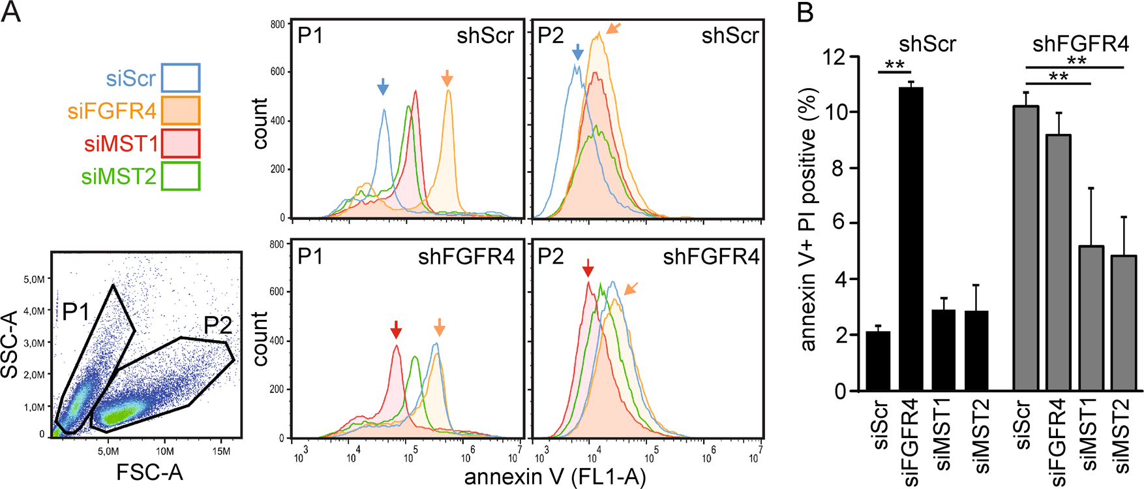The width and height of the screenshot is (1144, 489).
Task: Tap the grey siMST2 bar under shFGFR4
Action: (1122, 323)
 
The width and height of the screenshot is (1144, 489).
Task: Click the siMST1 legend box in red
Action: (181, 144)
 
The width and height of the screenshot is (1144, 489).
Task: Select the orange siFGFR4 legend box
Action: (181, 110)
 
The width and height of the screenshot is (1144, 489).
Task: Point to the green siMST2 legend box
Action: (181, 176)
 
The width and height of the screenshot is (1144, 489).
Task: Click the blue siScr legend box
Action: (181, 78)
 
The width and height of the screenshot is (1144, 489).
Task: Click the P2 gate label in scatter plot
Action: (218, 324)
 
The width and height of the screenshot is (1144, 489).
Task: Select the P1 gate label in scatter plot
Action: (76, 312)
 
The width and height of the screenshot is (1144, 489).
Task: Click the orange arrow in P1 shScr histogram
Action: (447, 78)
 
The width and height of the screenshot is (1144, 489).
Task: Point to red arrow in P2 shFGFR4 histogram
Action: (588, 268)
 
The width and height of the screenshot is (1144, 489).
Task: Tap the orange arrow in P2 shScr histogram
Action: (614, 28)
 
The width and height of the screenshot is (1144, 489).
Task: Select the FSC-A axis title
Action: (149, 472)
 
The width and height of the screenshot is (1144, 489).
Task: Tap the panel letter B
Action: (806, 12)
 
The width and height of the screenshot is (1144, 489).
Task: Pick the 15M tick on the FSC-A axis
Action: (221, 451)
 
